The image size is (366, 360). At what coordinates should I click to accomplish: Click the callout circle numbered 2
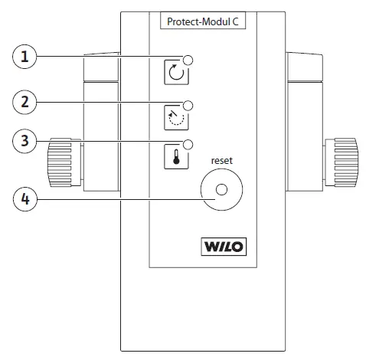(27, 101)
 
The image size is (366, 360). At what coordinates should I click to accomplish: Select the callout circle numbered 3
(27, 142)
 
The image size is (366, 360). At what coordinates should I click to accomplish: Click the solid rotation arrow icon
(175, 74)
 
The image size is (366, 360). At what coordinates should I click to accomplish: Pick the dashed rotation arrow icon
(175, 115)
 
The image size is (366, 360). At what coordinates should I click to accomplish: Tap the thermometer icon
(175, 155)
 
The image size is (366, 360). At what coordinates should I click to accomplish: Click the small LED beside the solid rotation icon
(188, 61)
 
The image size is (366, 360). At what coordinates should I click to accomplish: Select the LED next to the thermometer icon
(188, 144)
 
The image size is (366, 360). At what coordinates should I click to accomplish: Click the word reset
(221, 162)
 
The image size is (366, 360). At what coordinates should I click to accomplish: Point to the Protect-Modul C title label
(202, 22)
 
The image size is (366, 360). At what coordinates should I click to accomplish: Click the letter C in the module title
(237, 22)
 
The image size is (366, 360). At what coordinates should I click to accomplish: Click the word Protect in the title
(182, 22)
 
